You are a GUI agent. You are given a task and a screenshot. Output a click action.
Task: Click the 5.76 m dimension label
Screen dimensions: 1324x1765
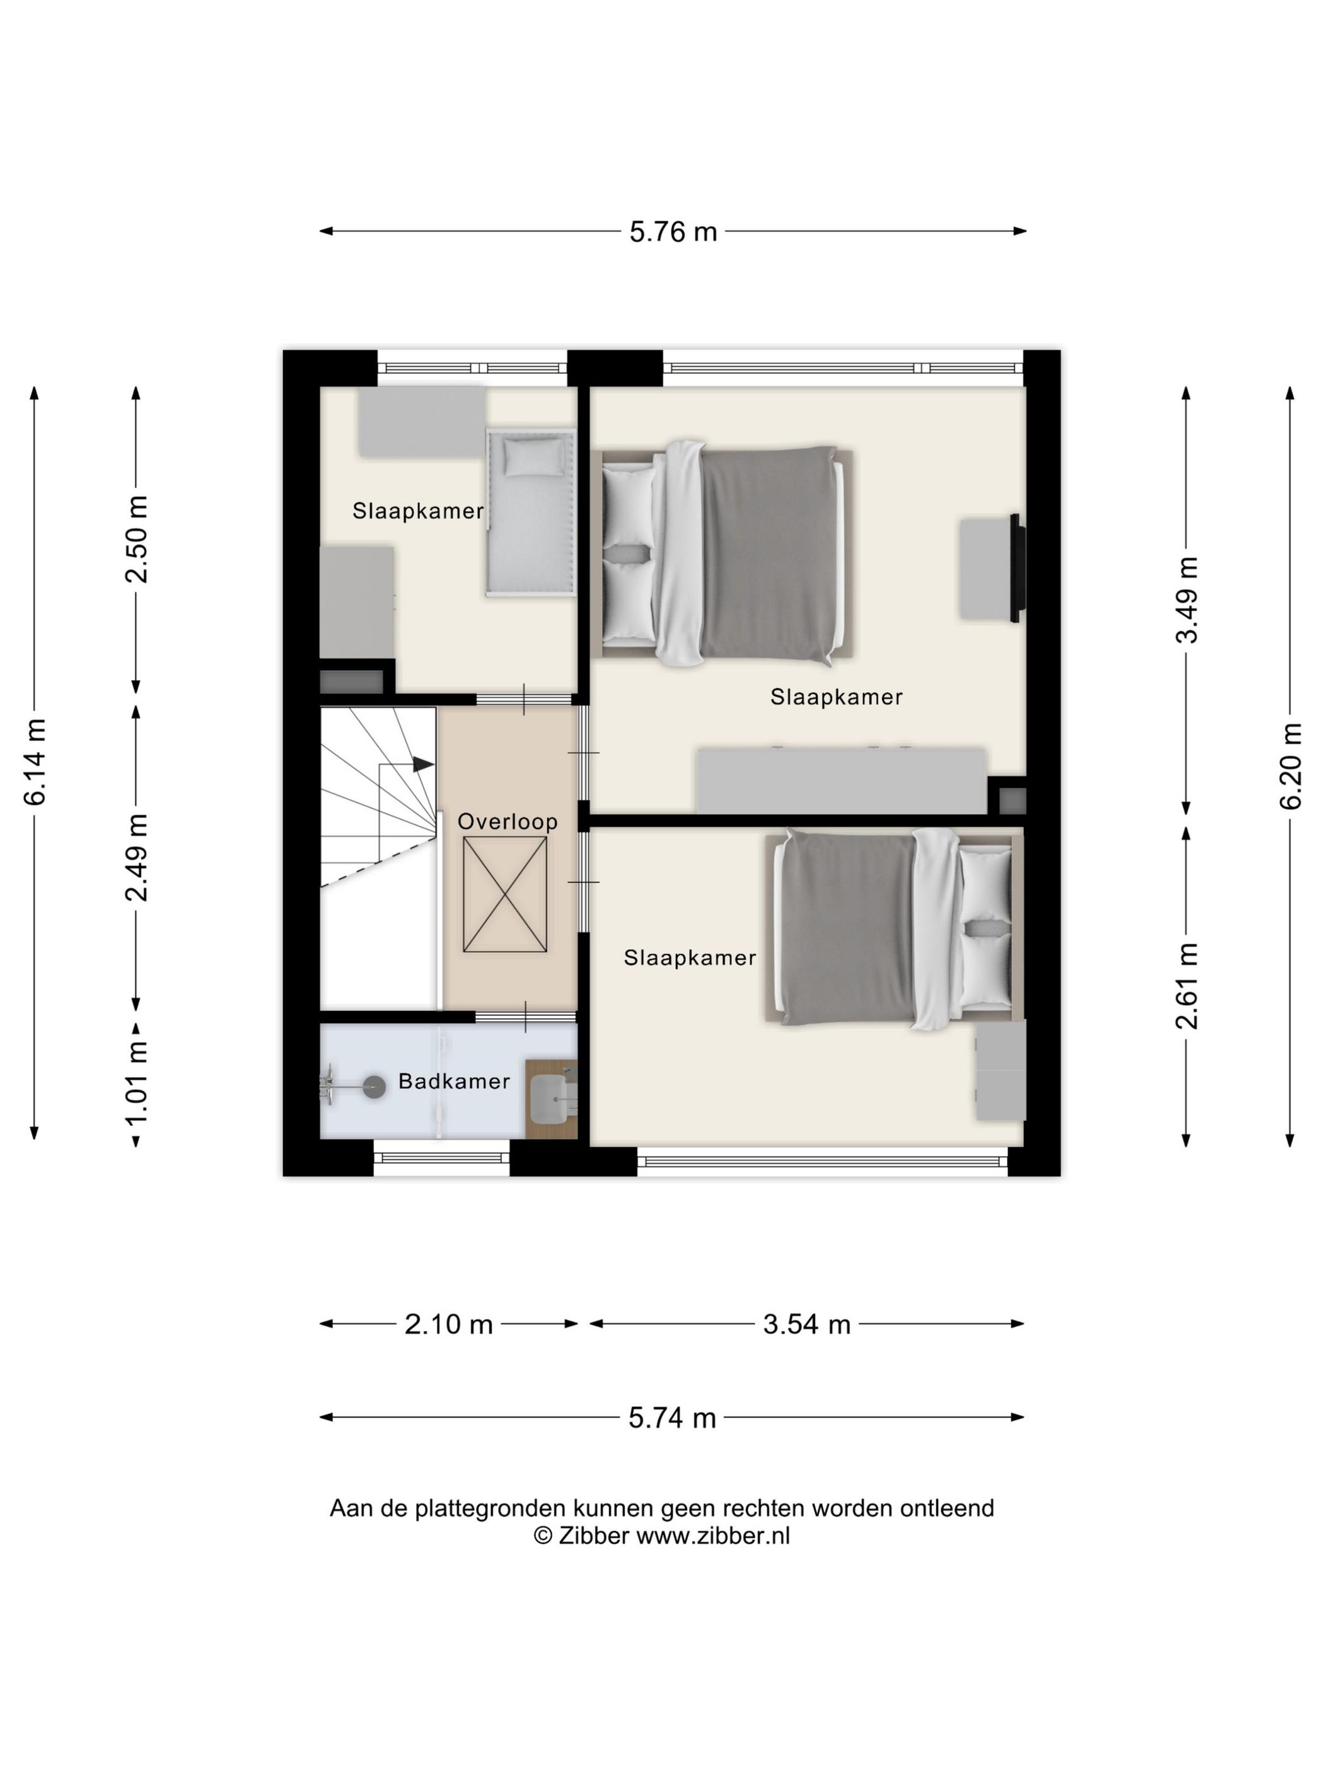tap(673, 232)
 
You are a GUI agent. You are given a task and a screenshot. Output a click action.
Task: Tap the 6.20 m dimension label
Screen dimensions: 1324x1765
tap(1291, 766)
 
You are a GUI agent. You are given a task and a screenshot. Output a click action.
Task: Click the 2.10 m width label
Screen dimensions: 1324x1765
tap(448, 1324)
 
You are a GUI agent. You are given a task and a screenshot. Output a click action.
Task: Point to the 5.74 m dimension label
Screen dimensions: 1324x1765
tap(672, 1418)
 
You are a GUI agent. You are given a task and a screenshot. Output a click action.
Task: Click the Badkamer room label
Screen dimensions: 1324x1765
tap(454, 1081)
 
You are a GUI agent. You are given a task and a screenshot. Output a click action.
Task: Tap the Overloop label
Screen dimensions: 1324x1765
tap(508, 822)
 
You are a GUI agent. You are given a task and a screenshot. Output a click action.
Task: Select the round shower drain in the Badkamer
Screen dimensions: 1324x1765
tap(375, 1087)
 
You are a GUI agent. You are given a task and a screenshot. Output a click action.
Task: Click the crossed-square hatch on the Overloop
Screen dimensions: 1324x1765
tap(504, 894)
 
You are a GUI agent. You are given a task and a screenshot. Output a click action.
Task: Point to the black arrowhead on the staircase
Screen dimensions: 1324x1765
tap(423, 765)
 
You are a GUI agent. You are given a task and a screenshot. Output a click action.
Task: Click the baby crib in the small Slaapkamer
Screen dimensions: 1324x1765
tap(531, 512)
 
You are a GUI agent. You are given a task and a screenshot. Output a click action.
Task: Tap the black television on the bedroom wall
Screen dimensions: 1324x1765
tap(1017, 567)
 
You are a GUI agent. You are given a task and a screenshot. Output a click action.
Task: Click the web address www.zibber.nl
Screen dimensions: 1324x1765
tap(712, 1535)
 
